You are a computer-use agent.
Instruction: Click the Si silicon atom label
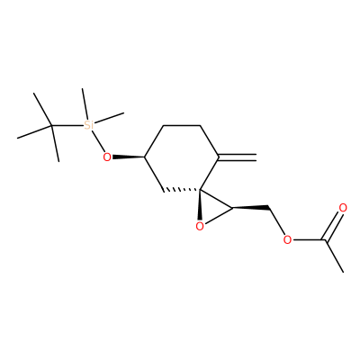tap(89, 125)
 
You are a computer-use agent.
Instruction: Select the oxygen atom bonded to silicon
tap(107, 157)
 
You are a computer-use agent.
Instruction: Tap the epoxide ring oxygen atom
tap(200, 227)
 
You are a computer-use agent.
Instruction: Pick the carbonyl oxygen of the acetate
tap(343, 208)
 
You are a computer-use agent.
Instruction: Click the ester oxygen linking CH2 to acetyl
tap(287, 239)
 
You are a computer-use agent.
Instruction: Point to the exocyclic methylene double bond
tap(238, 157)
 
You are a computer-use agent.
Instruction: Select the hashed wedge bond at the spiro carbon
tap(182, 190)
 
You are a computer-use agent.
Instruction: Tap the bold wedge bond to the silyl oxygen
tap(129, 157)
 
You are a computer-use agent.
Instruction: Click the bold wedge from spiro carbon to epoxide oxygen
tap(200, 205)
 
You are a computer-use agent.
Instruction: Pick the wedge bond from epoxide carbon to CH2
tap(250, 207)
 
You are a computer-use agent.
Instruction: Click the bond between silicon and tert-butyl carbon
tap(67, 125)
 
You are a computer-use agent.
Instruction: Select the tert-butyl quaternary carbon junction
tap(51, 125)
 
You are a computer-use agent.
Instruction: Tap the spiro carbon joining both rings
tap(201, 190)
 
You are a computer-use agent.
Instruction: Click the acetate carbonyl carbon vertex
tap(324, 239)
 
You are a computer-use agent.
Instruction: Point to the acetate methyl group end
tap(343, 272)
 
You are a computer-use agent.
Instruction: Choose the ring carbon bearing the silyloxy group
tap(145, 157)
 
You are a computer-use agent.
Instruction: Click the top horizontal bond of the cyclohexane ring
tap(182, 125)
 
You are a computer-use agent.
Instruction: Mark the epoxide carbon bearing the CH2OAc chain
tap(232, 207)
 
